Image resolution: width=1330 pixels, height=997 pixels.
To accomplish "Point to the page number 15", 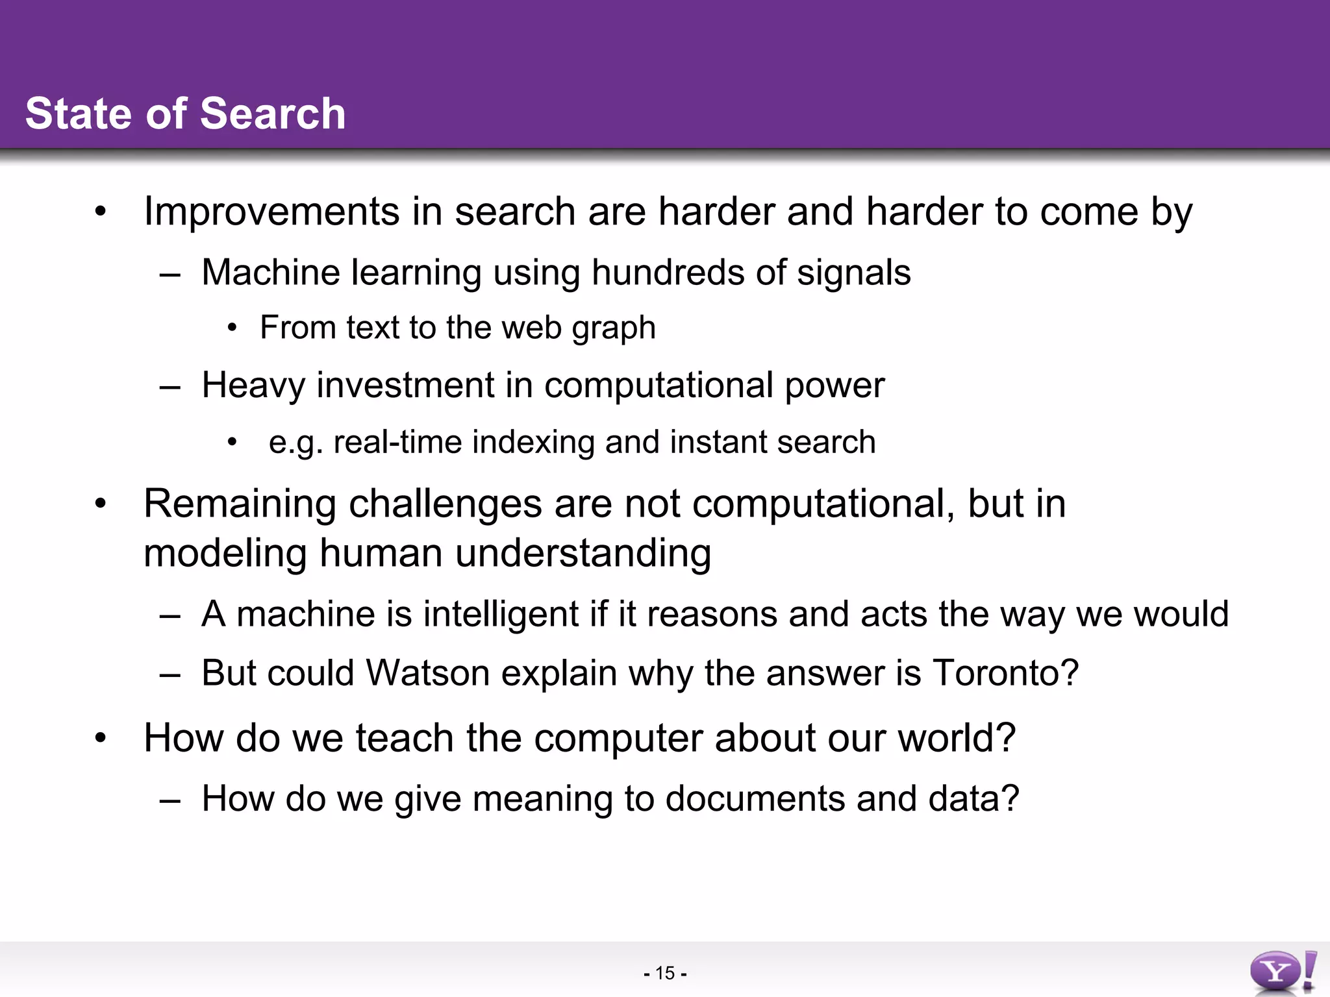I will click(x=665, y=973).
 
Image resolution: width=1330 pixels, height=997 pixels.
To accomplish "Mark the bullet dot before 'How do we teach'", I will click(x=99, y=738).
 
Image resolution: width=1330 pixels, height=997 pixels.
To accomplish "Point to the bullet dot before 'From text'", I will click(x=232, y=328).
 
